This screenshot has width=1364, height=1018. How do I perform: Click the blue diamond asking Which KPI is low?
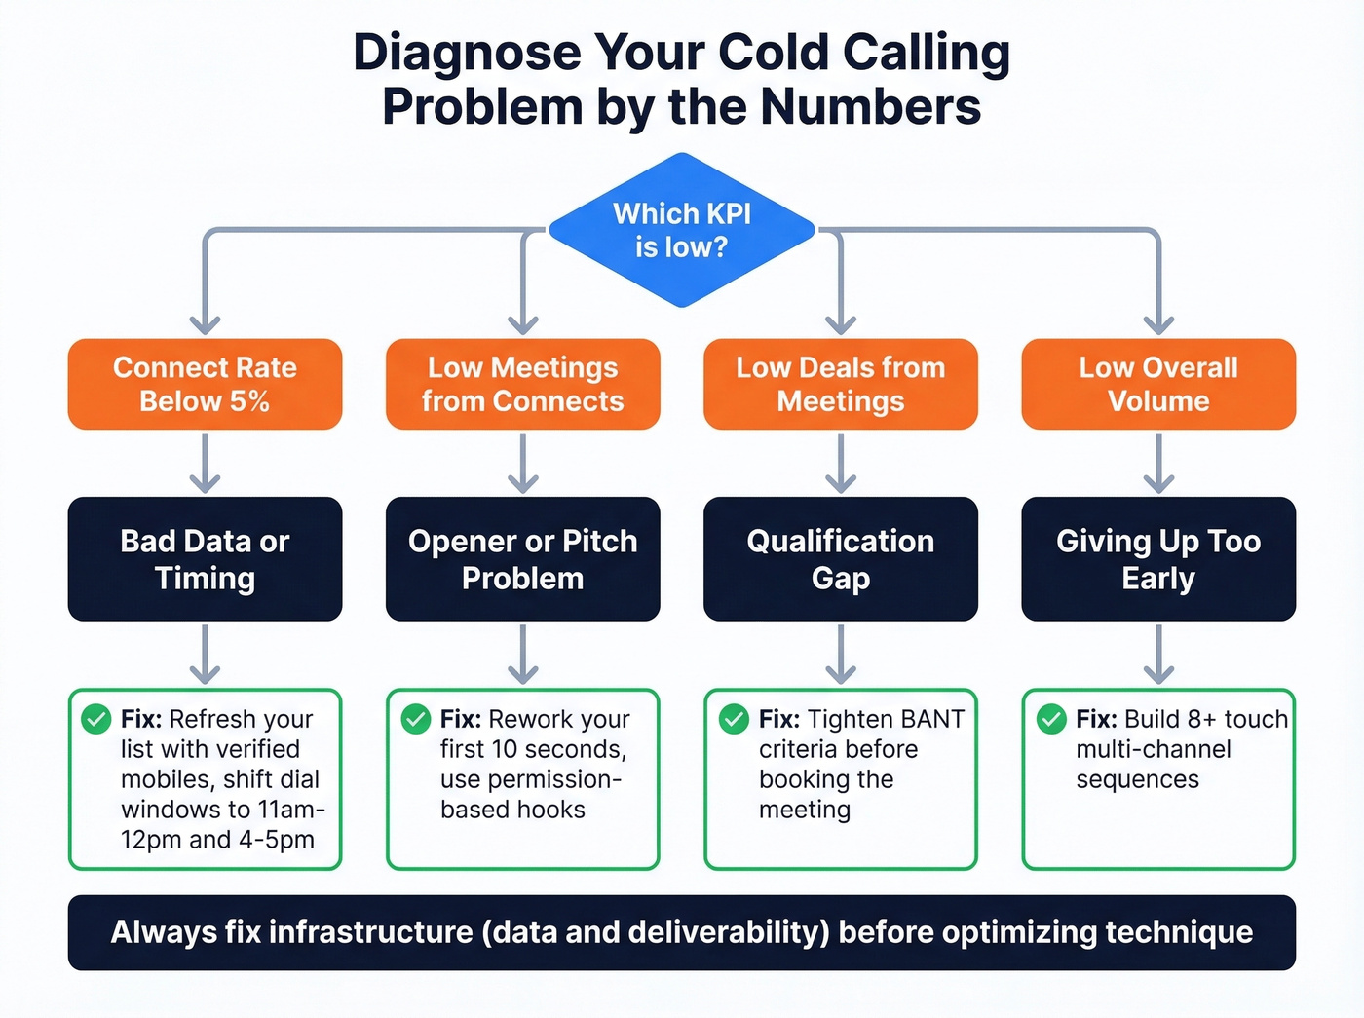click(x=681, y=230)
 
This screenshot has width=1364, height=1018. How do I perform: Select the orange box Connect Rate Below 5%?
click(x=205, y=384)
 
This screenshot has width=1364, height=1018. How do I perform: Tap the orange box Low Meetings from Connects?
click(x=522, y=384)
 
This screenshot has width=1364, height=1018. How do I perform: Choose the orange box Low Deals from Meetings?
click(x=840, y=384)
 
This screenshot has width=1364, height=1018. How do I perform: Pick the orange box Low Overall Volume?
click(x=1158, y=384)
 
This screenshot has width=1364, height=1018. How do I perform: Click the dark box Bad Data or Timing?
click(x=205, y=559)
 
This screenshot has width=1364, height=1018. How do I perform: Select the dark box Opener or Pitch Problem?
click(x=522, y=559)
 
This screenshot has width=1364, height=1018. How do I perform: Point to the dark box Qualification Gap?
click(x=840, y=559)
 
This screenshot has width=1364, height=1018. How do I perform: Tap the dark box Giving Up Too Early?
click(x=1158, y=559)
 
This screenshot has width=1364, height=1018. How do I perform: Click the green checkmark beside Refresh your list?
click(x=95, y=719)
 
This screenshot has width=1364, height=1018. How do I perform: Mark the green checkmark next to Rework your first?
click(x=416, y=719)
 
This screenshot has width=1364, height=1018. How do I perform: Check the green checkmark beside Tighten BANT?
click(x=734, y=719)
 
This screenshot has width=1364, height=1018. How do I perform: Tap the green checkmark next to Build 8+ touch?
click(x=1051, y=719)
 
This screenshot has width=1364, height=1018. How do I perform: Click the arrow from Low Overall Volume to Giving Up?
click(x=1158, y=463)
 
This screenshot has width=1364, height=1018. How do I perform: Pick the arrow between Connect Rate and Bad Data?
click(x=205, y=463)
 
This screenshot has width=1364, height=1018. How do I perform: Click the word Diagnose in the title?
click(x=467, y=54)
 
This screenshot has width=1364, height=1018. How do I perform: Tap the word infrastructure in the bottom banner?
click(x=370, y=932)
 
